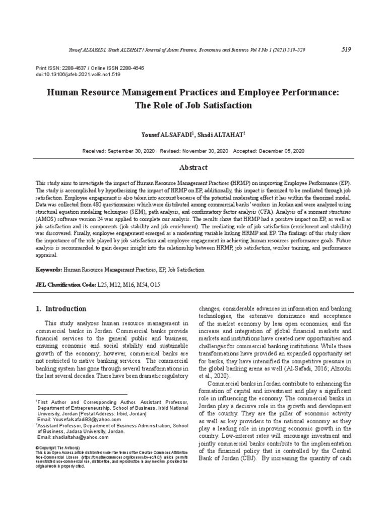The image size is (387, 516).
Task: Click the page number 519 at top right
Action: pos(346,49)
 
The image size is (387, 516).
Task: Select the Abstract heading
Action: pos(193,168)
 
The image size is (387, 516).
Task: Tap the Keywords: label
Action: pos(48,270)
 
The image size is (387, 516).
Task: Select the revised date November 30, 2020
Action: pos(205,151)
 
